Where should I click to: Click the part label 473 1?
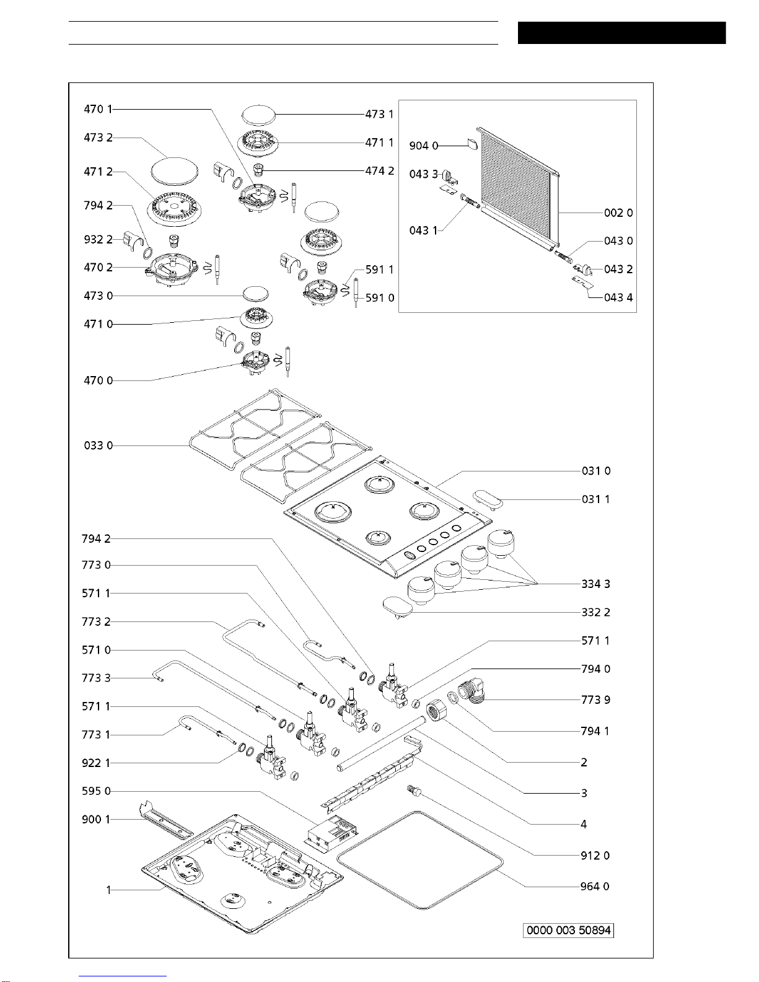pos(379,115)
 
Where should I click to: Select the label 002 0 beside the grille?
pos(618,213)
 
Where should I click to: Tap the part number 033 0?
pos(99,445)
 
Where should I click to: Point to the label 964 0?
pos(595,886)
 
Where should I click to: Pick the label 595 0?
pos(96,791)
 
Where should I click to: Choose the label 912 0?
pos(595,856)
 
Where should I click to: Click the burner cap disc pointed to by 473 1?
pos(258,115)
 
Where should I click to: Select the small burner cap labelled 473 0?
pos(256,294)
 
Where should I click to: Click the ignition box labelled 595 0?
pos(333,833)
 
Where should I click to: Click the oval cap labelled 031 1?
pos(488,501)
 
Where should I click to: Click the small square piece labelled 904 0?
pos(472,144)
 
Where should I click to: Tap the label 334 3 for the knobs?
pos(596,584)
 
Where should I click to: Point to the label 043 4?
pos(618,297)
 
